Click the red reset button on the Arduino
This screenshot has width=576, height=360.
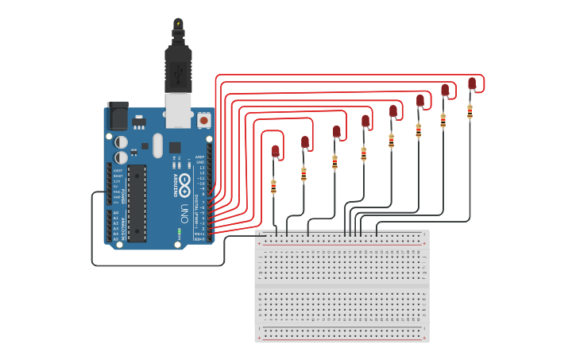[x=204, y=121]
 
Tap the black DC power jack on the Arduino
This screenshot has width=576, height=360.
[x=118, y=117]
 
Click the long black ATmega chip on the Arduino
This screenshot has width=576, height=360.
[x=137, y=203]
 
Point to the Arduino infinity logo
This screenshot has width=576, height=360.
[x=184, y=186]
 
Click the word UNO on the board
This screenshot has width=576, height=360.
[x=184, y=214]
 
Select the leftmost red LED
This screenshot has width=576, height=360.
[x=276, y=150]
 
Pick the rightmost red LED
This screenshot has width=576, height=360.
[x=472, y=83]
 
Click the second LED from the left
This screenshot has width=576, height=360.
[x=305, y=141]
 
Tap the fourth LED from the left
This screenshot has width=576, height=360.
[x=365, y=121]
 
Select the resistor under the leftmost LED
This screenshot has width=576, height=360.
[x=274, y=187]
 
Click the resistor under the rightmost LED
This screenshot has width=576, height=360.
[x=470, y=112]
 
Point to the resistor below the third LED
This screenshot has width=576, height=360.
[x=334, y=162]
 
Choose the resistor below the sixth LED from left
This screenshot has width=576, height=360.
[x=419, y=130]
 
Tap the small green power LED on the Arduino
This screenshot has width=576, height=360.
[x=180, y=232]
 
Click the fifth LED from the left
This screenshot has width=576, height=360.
[x=392, y=110]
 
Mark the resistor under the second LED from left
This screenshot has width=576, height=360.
[x=303, y=173]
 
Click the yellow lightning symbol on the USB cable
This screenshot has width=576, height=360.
[x=178, y=23]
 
